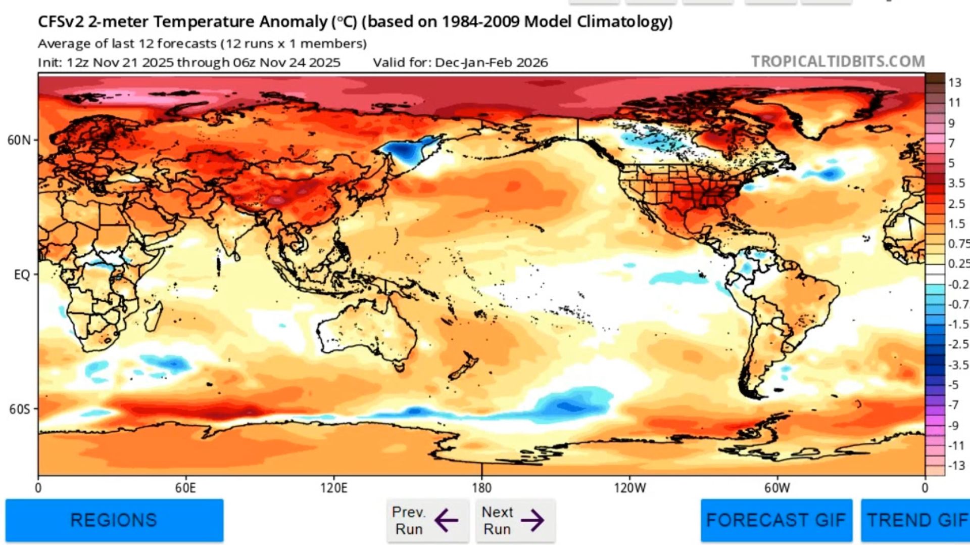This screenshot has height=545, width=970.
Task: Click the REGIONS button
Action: tap(114, 520)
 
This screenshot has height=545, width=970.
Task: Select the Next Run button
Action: tap(515, 520)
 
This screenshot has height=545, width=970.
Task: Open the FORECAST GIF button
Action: tap(775, 520)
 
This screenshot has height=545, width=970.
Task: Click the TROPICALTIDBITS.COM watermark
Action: tap(838, 62)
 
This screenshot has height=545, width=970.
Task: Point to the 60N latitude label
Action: tap(19, 140)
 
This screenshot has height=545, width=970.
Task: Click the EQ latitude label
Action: tap(22, 275)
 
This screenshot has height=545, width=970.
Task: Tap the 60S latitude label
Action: tap(20, 409)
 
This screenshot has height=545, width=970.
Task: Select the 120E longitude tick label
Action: tap(333, 488)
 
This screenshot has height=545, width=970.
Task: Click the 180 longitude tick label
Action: tap(481, 488)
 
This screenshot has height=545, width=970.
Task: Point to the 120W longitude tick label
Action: tap(629, 488)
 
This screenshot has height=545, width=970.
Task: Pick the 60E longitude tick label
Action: tap(185, 488)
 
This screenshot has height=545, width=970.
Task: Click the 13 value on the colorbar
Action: tap(954, 82)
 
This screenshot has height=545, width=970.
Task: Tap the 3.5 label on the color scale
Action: tap(956, 183)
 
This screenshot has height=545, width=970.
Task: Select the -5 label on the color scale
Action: tap(953, 385)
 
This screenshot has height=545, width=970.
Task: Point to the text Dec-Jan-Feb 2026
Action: tap(491, 63)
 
